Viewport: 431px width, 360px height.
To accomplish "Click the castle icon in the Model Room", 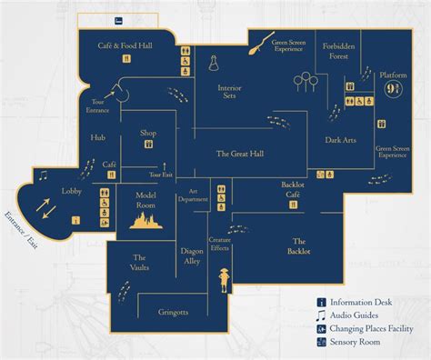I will (x=146, y=221).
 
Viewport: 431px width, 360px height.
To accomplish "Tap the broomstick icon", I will (x=262, y=41).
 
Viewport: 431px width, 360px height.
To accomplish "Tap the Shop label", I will (x=148, y=133).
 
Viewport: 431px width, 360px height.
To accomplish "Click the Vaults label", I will (x=140, y=263).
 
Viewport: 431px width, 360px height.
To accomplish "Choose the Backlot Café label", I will (x=292, y=190).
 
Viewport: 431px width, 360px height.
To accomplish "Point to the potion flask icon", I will (x=214, y=63).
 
